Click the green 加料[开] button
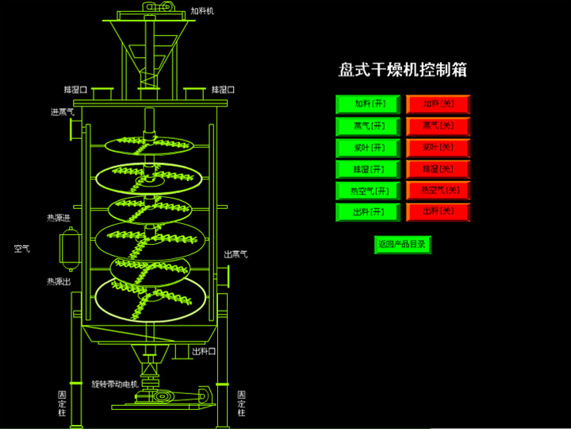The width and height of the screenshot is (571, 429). tap(367, 104)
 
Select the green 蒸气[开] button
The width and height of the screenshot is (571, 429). tap(367, 126)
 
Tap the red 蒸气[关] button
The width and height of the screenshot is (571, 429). tap(438, 126)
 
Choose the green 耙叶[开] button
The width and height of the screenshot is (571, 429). tap(367, 148)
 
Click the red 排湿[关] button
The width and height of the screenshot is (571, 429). tap(438, 169)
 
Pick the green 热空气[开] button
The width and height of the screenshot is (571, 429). tap(367, 191)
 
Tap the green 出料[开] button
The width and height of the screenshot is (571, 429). tap(367, 212)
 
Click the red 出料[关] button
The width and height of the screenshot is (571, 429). tap(438, 212)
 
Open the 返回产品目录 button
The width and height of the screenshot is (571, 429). tap(402, 245)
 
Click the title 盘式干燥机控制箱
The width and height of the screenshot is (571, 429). tap(403, 70)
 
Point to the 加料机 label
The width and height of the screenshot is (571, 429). tap(202, 12)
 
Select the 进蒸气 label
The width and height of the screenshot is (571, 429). tap(63, 112)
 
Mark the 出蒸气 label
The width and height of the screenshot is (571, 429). tap(236, 254)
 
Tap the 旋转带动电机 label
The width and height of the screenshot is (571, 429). tap(114, 383)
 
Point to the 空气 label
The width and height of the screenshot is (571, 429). tap(21, 249)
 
